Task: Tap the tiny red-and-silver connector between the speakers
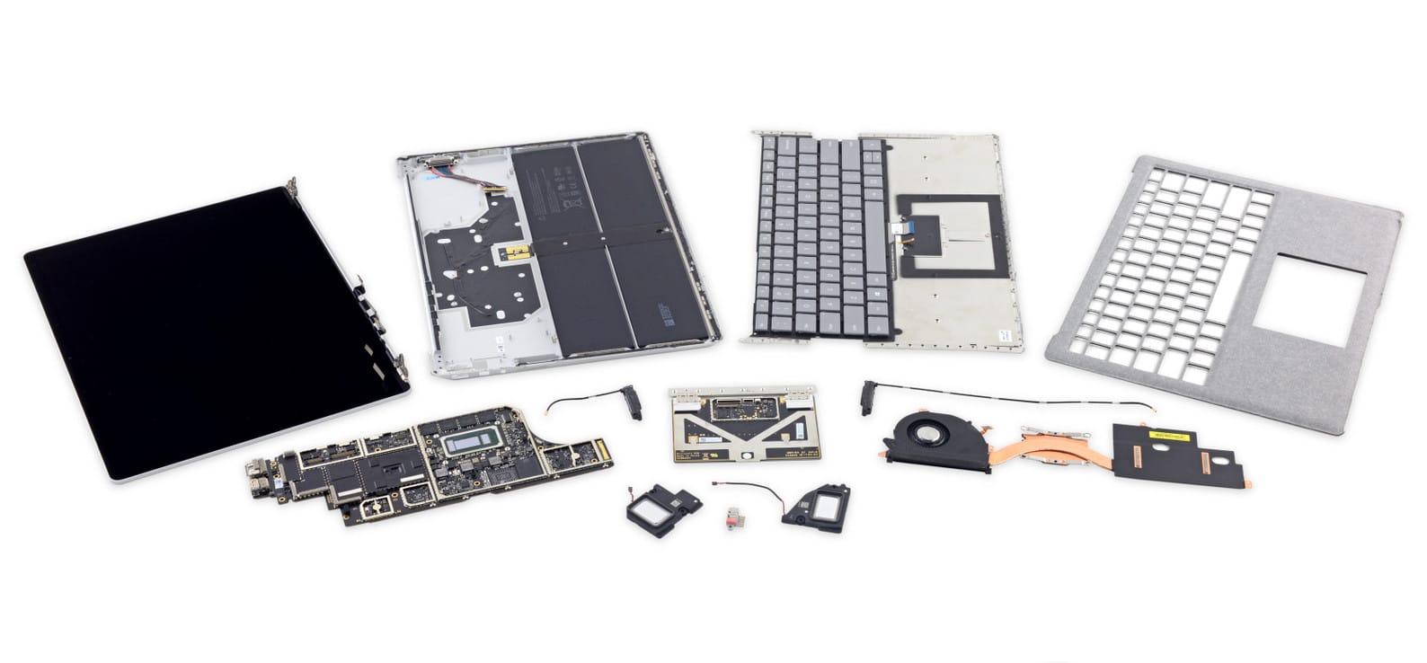(730, 517)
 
